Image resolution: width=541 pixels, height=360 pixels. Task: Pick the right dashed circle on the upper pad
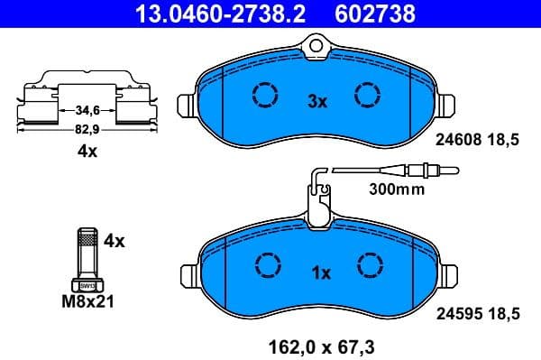[x=369, y=94]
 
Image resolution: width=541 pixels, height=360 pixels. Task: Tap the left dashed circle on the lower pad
[x=267, y=263]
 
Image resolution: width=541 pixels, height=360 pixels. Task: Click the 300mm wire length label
[x=396, y=190]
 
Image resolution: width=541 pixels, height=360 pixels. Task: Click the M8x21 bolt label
[x=88, y=304]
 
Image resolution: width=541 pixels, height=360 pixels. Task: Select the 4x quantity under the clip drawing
[x=87, y=152]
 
